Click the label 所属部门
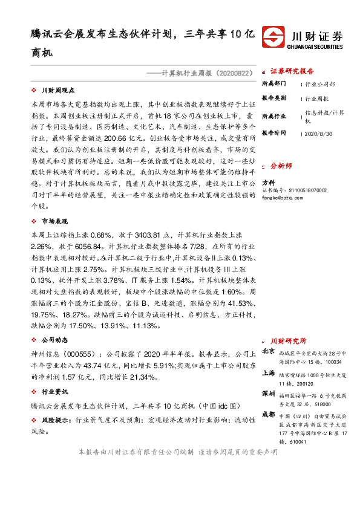tap(273, 84)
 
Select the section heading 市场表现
tap(54, 221)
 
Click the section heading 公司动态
tap(54, 340)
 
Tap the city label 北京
tap(268, 351)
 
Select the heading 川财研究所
tap(289, 341)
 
